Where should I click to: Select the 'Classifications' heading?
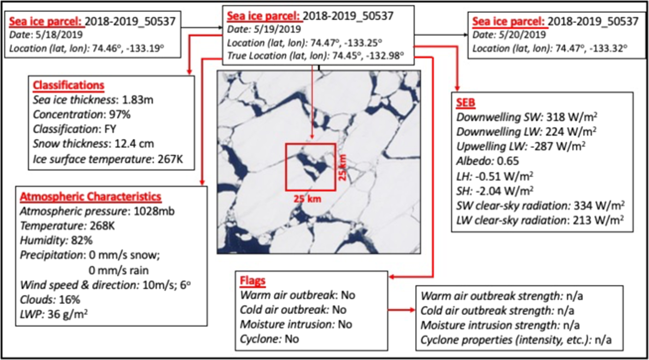tap(68, 85)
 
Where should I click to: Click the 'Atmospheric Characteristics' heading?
tap(90, 197)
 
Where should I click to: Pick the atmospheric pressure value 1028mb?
tap(154, 211)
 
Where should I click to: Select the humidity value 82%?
tap(82, 240)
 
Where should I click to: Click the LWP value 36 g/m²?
tap(67, 314)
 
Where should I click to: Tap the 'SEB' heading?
tap(465, 102)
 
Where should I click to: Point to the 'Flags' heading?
tap(252, 281)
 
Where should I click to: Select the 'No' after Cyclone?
tap(292, 339)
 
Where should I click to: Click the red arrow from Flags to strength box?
tap(401, 310)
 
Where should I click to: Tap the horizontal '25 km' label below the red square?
tap(307, 199)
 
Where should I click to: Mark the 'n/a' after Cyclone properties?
tap(603, 340)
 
